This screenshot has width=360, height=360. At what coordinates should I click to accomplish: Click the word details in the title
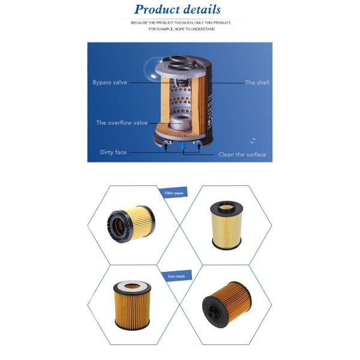tap(199, 9)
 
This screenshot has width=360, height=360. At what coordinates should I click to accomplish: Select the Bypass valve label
tap(110, 82)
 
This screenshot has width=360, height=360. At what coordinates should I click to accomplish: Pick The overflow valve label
tap(122, 122)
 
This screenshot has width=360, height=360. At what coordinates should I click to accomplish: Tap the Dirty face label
tap(113, 152)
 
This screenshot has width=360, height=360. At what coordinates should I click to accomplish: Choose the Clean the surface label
tap(242, 154)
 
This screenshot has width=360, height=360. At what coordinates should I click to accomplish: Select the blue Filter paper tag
tap(175, 193)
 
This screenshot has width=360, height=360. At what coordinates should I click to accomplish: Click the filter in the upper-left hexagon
tap(130, 223)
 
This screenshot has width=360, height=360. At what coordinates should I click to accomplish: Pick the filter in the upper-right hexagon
tap(226, 225)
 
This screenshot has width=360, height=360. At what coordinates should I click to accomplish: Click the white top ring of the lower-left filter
tap(132, 286)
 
